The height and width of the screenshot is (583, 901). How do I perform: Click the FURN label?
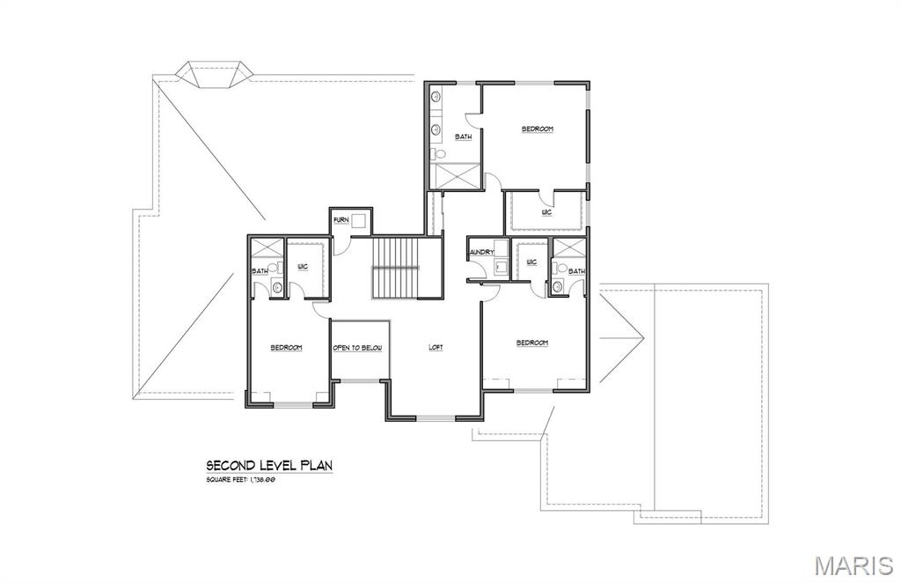341,219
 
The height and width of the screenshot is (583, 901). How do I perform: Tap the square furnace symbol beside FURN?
358,221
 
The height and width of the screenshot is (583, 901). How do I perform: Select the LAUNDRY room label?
480,252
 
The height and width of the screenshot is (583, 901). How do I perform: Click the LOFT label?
436,348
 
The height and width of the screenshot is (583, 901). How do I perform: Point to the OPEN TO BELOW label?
357,348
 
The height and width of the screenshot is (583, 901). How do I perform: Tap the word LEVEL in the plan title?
275,465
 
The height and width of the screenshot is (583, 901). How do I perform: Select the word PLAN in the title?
316,465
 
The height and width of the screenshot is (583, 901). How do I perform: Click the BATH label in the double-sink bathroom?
463,137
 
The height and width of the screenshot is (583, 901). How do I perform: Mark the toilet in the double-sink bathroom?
438,154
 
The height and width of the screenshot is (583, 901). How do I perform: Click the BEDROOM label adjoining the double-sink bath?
537,129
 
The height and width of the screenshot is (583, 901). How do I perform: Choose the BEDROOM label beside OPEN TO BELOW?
286,348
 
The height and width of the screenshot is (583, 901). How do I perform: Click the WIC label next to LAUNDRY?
531,262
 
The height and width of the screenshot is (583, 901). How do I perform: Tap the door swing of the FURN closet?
340,246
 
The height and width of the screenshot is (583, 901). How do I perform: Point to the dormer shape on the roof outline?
210,74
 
